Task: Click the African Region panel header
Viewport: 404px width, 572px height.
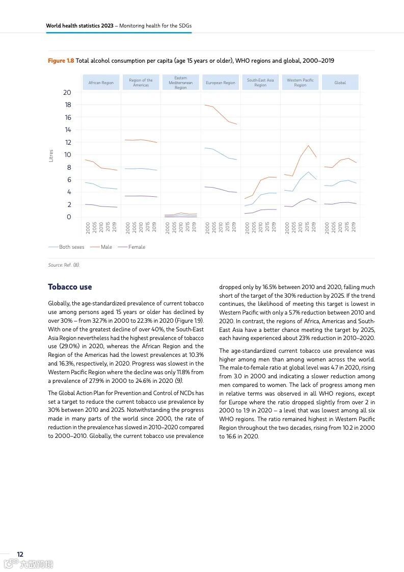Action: point(101,83)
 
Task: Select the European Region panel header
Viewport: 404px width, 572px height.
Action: point(220,83)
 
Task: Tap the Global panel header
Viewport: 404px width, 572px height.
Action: point(340,83)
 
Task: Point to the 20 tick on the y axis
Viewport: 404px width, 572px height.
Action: point(67,92)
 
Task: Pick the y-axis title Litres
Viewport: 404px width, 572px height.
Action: point(51,155)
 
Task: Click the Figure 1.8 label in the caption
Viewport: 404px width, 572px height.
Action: point(61,61)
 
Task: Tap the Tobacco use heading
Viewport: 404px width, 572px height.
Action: point(70,287)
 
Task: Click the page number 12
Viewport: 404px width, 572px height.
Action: point(20,554)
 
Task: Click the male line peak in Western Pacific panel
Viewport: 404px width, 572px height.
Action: point(308,145)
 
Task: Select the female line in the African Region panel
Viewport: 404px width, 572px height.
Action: point(101,206)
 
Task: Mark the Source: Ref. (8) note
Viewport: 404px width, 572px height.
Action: point(64,265)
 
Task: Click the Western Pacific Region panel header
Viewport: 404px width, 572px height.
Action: point(300,83)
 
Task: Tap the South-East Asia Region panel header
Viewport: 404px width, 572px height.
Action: point(260,83)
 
